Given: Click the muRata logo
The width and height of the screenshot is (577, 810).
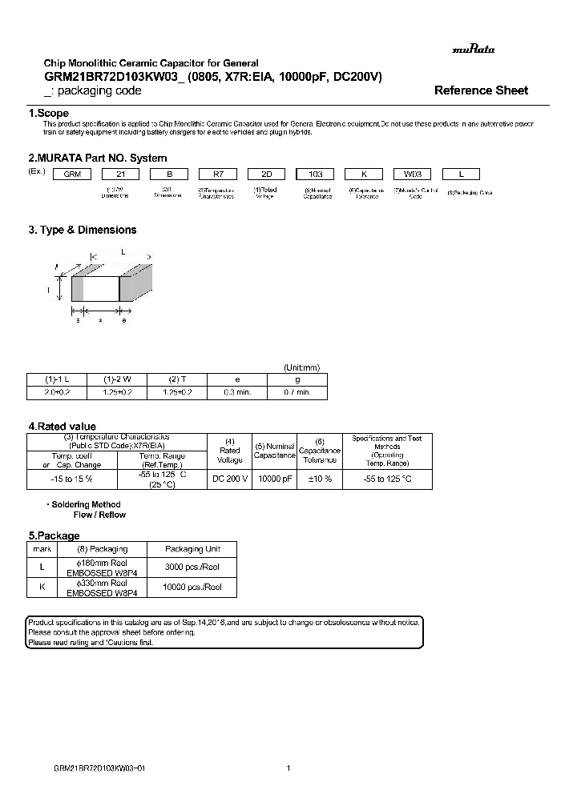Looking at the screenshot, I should [x=473, y=49].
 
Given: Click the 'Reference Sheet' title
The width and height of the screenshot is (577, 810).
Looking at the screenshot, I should [x=481, y=90].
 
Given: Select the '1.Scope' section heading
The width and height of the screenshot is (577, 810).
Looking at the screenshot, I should [x=49, y=114].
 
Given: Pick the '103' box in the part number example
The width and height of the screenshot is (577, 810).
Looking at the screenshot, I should [x=317, y=174].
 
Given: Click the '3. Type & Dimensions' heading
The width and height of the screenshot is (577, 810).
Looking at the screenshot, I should [x=83, y=230].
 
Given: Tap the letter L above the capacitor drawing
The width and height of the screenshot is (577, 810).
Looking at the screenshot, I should [x=123, y=252].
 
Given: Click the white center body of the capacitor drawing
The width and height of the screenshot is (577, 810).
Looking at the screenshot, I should [x=101, y=288].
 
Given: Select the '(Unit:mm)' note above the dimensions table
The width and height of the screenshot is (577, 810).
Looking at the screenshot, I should [x=302, y=367].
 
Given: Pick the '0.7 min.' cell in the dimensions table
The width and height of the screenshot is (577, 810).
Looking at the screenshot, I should [x=297, y=393].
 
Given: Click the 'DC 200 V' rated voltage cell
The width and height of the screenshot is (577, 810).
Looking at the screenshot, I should [x=230, y=479].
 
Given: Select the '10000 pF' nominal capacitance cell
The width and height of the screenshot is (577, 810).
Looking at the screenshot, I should [x=274, y=479].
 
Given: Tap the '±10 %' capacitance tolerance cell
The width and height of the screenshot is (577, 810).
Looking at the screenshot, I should [x=320, y=479].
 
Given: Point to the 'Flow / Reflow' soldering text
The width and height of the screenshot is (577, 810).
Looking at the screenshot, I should [x=99, y=515].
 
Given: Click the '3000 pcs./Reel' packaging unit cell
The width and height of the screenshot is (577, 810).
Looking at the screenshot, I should [x=192, y=567].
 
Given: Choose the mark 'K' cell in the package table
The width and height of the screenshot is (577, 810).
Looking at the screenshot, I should [x=41, y=587].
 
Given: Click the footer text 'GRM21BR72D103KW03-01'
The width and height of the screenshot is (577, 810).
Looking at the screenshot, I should [x=99, y=768].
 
